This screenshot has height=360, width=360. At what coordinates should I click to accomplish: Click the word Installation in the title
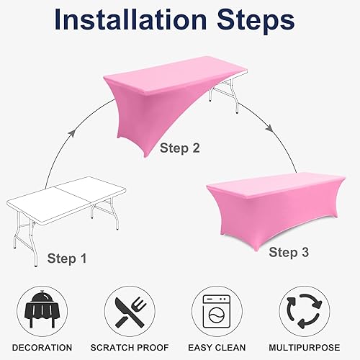point(129,21)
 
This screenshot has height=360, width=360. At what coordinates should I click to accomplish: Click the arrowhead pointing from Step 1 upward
point(72,134)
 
